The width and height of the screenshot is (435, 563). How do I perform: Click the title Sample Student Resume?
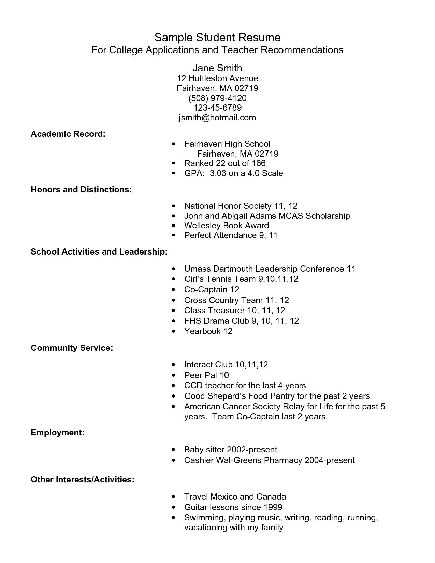(x=217, y=37)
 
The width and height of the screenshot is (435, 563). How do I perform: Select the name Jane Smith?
(x=217, y=68)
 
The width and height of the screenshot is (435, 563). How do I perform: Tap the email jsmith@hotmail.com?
(x=217, y=118)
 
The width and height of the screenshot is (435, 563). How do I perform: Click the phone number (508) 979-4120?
(x=217, y=98)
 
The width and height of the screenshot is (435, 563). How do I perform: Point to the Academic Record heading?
(x=68, y=134)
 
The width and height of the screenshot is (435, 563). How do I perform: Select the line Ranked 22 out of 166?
(x=224, y=163)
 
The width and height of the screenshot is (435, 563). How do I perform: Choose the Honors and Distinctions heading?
(x=81, y=190)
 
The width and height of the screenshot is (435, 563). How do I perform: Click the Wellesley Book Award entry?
(x=226, y=226)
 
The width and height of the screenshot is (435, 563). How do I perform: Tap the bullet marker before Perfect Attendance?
(x=174, y=235)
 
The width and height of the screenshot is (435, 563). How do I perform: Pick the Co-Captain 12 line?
(x=212, y=290)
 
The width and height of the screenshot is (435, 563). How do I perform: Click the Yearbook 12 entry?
(x=208, y=331)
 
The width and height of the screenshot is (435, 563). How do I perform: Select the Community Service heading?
(x=72, y=348)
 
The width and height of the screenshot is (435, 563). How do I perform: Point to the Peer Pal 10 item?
(x=206, y=375)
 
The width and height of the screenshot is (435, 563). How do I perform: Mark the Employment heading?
(x=57, y=433)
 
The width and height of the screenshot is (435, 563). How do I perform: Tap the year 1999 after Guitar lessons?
(x=273, y=507)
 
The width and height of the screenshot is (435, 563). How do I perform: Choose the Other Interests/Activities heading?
(x=82, y=480)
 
